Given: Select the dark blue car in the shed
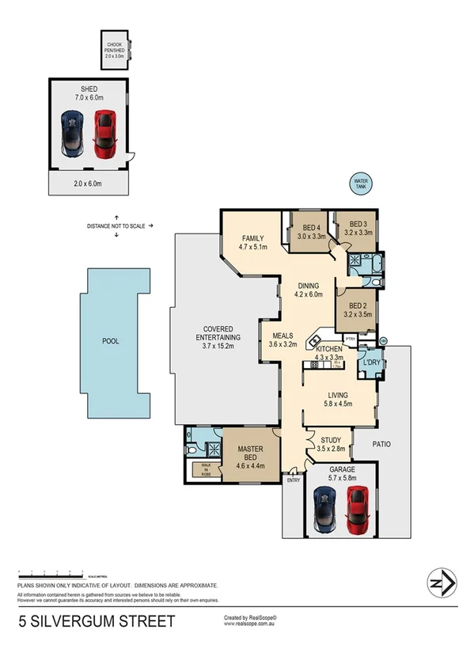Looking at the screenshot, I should tap(72, 134).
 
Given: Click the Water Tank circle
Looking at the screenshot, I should tap(362, 184).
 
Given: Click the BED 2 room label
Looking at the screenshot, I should tap(357, 309).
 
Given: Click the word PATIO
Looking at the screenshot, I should tap(383, 444).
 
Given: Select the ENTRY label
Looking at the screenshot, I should tap(294, 480).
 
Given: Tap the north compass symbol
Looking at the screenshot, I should tap(440, 583).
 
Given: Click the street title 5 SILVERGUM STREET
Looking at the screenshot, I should tap(97, 621).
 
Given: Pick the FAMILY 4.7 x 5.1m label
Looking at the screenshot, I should tap(253, 241).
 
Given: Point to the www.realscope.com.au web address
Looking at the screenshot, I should tap(253, 624).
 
